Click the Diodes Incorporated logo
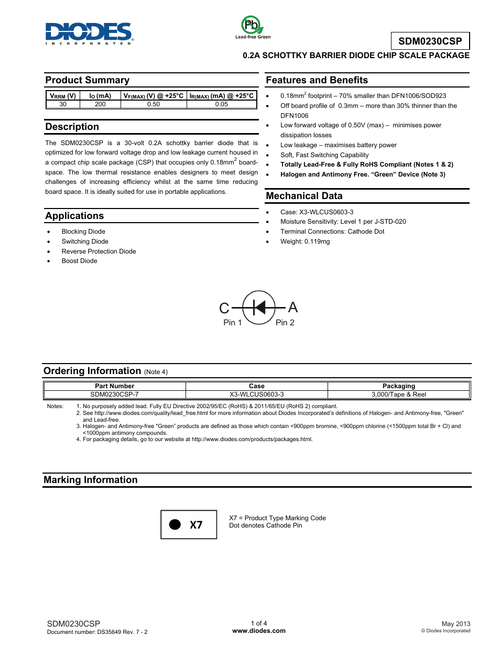(89, 32)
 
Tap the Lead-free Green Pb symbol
(252, 25)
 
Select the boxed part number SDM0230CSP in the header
(430, 41)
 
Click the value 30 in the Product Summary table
(63, 104)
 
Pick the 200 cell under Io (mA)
(100, 104)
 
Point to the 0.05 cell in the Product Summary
(221, 104)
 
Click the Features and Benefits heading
(317, 80)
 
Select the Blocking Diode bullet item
(83, 232)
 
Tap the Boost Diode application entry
(79, 261)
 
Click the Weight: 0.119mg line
(305, 242)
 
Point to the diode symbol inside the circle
(259, 308)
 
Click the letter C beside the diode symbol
(224, 308)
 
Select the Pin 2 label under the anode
(285, 323)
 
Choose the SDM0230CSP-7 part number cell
(114, 394)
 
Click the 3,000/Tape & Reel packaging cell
(398, 394)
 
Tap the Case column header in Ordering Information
(256, 386)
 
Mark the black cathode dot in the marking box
(175, 524)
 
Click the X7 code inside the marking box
(196, 525)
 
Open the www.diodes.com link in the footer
(259, 631)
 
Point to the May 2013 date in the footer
(455, 624)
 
